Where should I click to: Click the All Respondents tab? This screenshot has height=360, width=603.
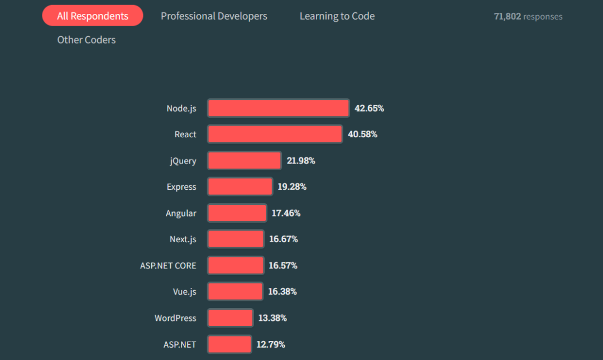[93, 16]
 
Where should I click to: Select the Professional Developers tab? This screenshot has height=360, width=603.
[214, 16]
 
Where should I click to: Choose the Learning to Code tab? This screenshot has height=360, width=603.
[337, 16]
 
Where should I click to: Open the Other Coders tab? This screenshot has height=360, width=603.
[87, 40]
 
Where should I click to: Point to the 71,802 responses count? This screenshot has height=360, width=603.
[528, 17]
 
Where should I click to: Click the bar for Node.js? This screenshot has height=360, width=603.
[278, 108]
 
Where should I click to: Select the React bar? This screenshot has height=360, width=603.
[275, 135]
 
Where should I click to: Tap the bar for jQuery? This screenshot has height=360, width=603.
[244, 161]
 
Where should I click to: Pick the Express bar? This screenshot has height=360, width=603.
[240, 187]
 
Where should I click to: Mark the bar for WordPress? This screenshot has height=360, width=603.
[230, 318]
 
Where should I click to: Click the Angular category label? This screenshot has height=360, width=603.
[181, 213]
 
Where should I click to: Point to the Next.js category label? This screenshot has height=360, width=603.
[183, 239]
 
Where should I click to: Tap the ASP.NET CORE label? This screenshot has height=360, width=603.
[168, 266]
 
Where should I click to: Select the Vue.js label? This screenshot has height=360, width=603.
[185, 292]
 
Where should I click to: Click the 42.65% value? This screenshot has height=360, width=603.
[369, 108]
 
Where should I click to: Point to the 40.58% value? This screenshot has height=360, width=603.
[362, 135]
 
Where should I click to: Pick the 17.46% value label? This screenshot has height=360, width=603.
[286, 213]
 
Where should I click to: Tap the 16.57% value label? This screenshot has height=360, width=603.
[283, 266]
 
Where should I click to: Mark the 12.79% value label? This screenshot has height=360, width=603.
[271, 344]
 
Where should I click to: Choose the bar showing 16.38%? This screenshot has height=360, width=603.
[235, 292]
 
